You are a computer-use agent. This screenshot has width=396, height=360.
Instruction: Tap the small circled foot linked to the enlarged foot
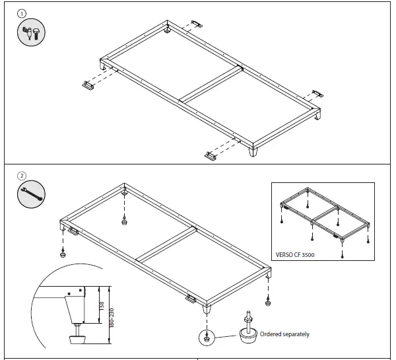pos(208,338)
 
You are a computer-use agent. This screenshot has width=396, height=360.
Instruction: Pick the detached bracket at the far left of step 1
pos(88,85)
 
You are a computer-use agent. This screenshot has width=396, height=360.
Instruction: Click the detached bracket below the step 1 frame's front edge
pos(211,156)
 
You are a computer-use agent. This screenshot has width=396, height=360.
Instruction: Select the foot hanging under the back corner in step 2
pos(124,221)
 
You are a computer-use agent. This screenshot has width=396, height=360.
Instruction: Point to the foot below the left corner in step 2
pos(63,254)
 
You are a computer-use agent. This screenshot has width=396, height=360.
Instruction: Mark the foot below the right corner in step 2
pos(268,303)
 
